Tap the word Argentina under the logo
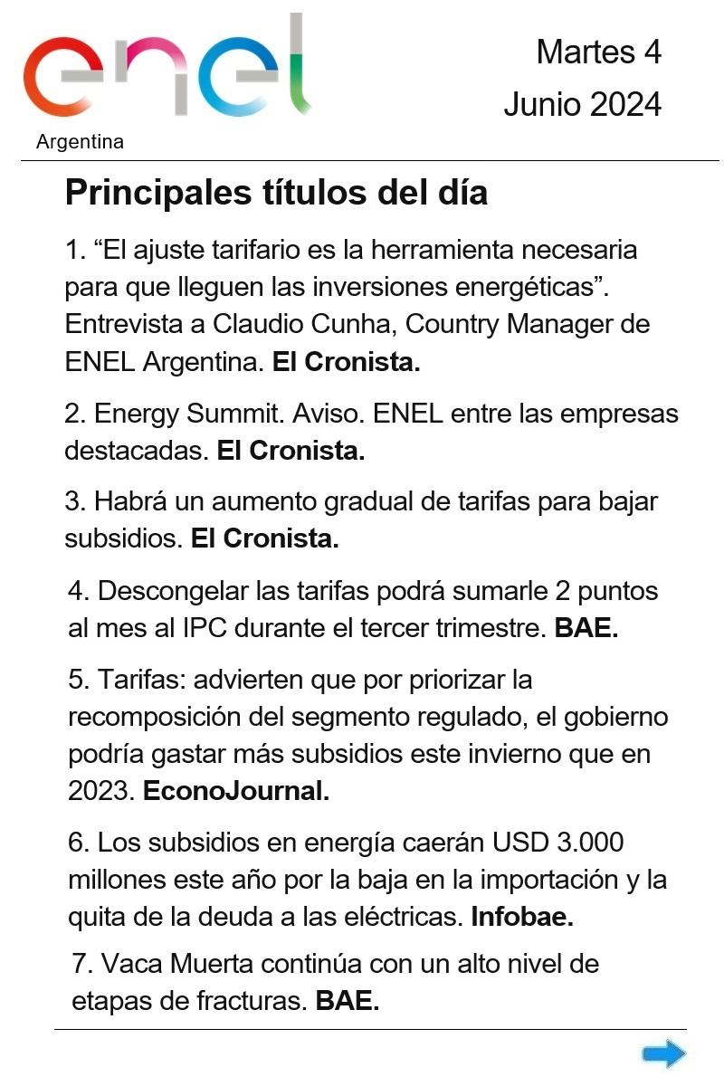click(x=81, y=142)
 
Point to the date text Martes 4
click(x=598, y=52)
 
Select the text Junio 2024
click(x=582, y=105)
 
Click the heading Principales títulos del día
click(x=276, y=193)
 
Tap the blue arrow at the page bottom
click(x=663, y=1053)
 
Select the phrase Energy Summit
click(x=189, y=414)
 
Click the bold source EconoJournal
click(x=236, y=791)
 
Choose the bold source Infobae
click(x=522, y=917)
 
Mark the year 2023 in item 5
click(x=101, y=791)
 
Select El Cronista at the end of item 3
click(x=264, y=538)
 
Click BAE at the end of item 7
click(x=347, y=1001)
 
